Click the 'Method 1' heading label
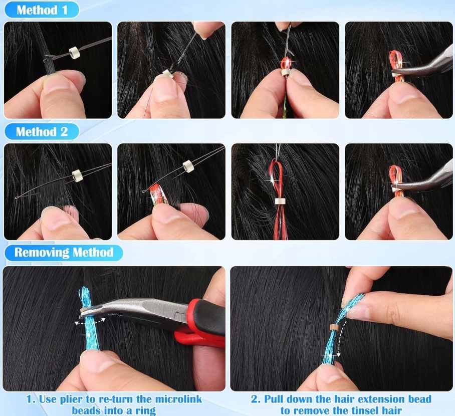[x=42, y=10]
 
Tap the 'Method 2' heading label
[x=42, y=132]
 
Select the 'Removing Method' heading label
[x=64, y=252]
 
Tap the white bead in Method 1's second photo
[x=168, y=74]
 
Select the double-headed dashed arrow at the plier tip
[x=90, y=321]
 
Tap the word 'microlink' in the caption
[x=178, y=399]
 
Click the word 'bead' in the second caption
[x=419, y=399]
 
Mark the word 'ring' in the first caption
[x=146, y=411]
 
